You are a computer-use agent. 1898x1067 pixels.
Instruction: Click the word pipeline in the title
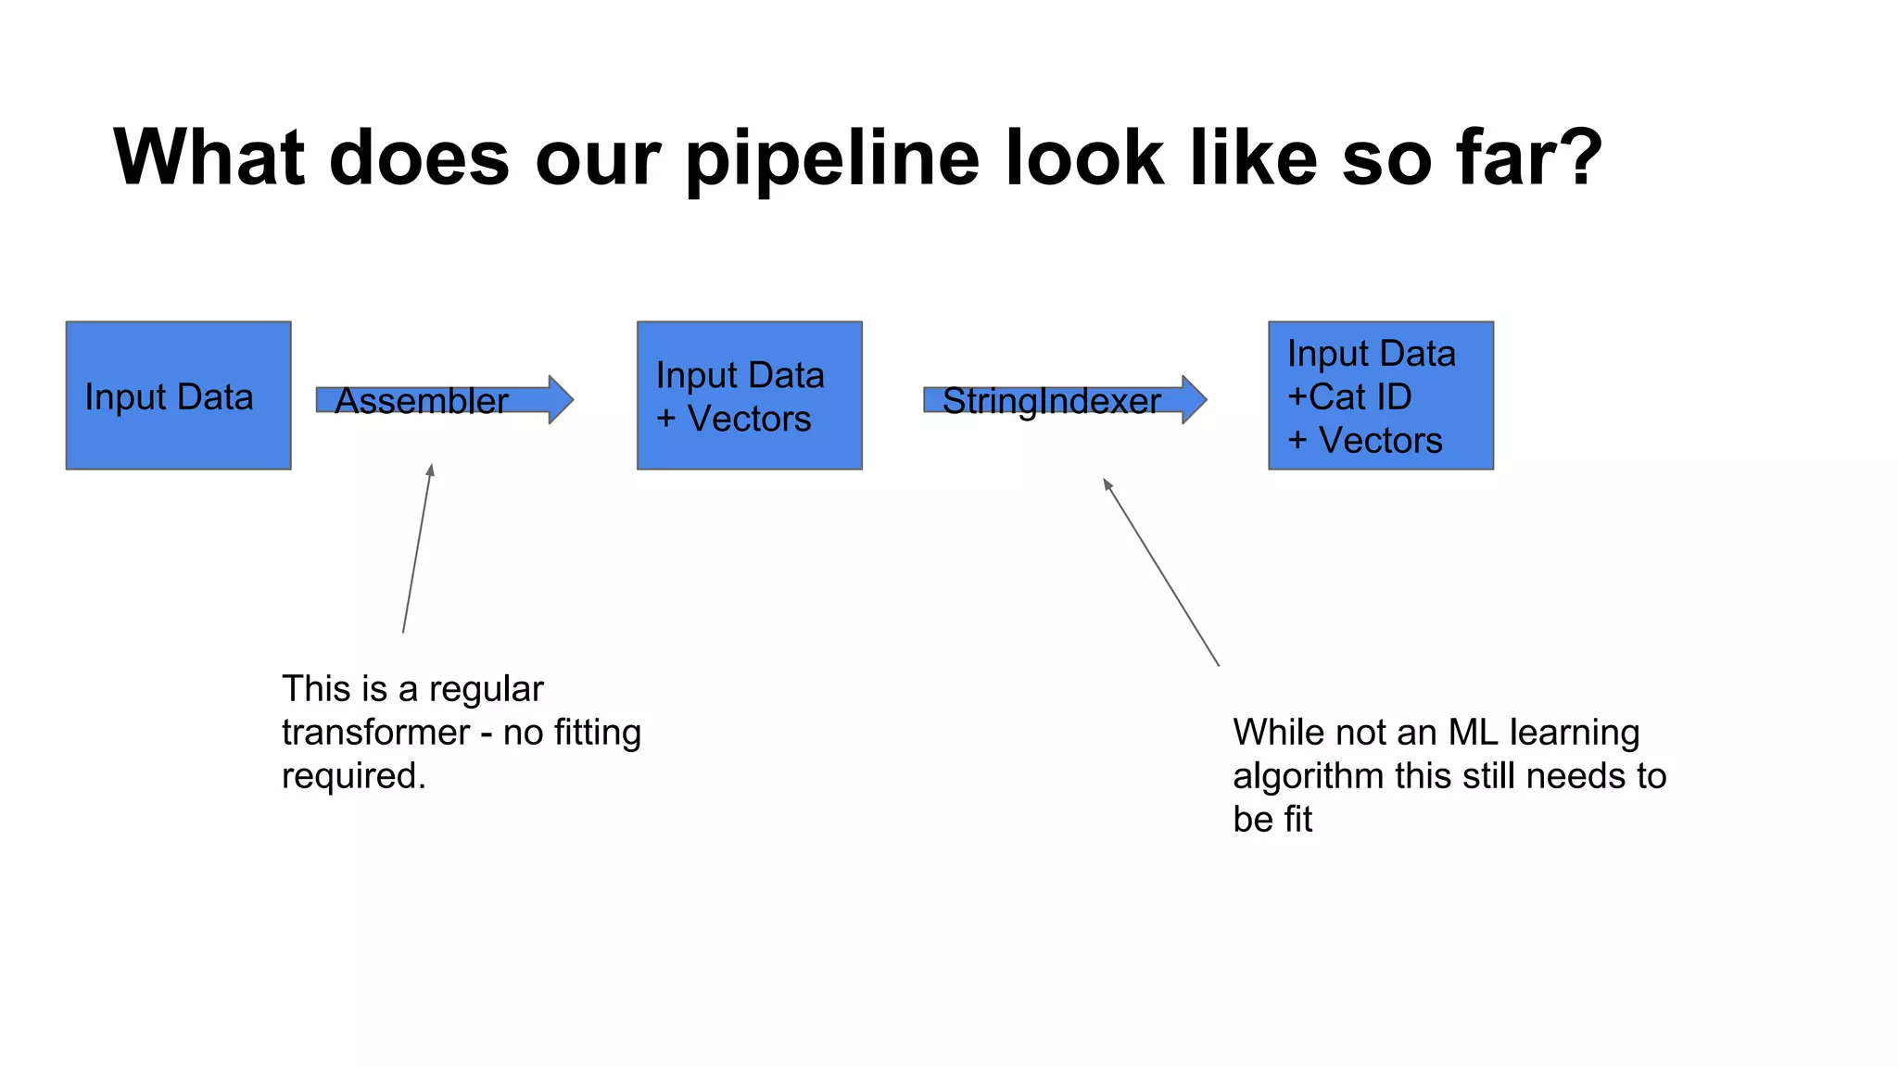coord(831,159)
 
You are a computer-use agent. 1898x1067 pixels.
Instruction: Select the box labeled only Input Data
coord(178,395)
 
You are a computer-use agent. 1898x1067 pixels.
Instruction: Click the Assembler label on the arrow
coord(421,401)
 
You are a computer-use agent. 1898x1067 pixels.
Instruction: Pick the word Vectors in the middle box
coord(749,419)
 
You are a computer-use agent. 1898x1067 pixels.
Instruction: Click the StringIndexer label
coord(1051,401)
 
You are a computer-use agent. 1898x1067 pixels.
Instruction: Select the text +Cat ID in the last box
coord(1349,396)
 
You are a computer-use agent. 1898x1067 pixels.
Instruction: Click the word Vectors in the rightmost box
coord(1380,440)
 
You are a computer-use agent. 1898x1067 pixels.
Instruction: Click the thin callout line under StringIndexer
coord(1161,572)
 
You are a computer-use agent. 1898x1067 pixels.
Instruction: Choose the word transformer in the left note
coord(375,733)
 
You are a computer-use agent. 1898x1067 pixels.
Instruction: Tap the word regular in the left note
coord(486,690)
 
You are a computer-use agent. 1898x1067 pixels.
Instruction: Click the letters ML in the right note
coord(1473,733)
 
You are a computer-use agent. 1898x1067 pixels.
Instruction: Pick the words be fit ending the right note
coord(1272,820)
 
